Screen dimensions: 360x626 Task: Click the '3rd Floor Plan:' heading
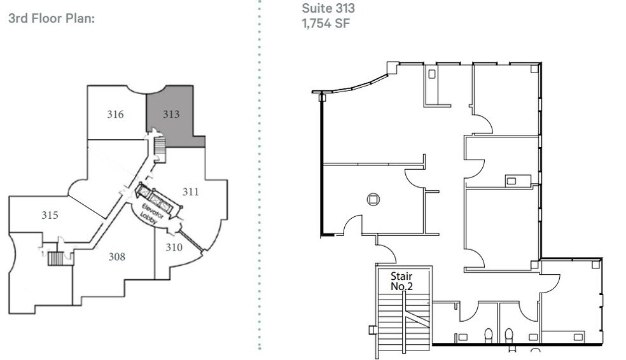[x=51, y=18]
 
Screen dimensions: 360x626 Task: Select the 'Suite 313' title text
[x=328, y=9]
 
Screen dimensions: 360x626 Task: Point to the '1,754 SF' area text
[x=326, y=24]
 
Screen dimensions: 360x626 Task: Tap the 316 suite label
[x=115, y=114]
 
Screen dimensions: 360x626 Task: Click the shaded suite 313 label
[x=170, y=114]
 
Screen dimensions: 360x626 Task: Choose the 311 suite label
[x=191, y=191]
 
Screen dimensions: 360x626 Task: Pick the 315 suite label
[x=50, y=215]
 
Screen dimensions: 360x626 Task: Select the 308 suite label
[x=116, y=257]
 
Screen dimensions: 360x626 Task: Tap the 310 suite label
[x=174, y=247]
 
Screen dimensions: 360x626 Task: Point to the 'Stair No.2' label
[x=402, y=281]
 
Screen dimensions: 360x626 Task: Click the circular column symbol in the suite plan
[x=373, y=199]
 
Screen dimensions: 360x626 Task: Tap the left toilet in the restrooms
[x=488, y=334]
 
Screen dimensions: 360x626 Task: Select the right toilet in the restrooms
[x=508, y=334]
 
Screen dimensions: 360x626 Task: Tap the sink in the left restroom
[x=463, y=336]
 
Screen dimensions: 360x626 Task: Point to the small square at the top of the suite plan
[x=432, y=74]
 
